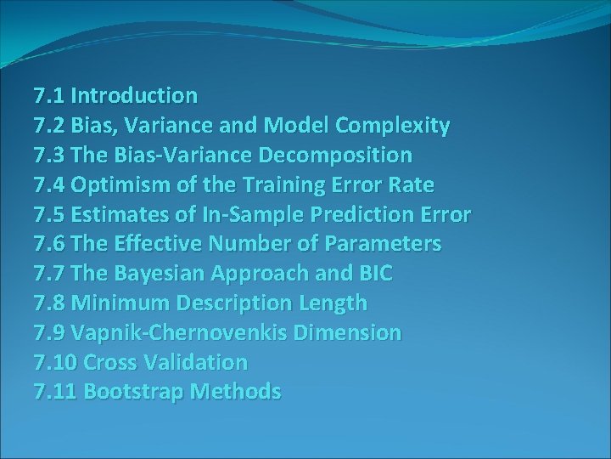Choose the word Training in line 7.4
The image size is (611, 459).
276,185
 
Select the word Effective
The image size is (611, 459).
160,244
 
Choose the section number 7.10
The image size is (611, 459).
55,362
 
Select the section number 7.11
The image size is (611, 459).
55,392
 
